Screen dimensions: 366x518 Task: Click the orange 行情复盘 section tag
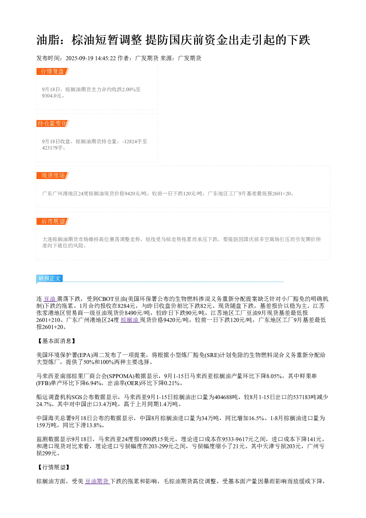point(52,71)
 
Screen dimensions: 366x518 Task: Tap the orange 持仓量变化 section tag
point(52,123)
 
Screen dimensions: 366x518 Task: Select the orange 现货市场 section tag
point(52,175)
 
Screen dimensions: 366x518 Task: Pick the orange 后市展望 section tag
point(52,221)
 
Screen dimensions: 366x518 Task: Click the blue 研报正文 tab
point(49,278)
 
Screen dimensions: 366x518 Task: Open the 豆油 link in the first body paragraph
point(50,299)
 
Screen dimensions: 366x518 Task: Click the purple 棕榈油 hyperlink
point(130,320)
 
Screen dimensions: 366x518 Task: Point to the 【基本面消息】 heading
point(56,341)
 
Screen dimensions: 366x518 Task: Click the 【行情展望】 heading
point(53,467)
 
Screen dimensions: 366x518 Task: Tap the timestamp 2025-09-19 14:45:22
point(90,58)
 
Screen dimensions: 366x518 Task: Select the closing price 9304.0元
point(52,96)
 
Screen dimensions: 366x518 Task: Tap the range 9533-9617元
point(238,439)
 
